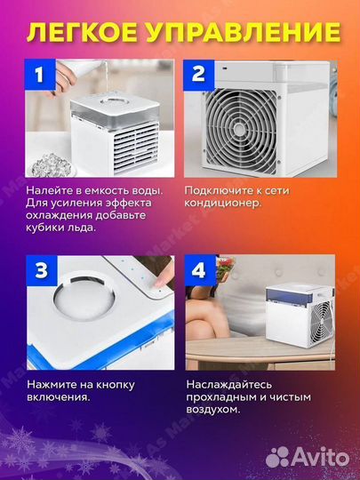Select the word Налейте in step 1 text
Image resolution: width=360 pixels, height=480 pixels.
coord(50,190)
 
